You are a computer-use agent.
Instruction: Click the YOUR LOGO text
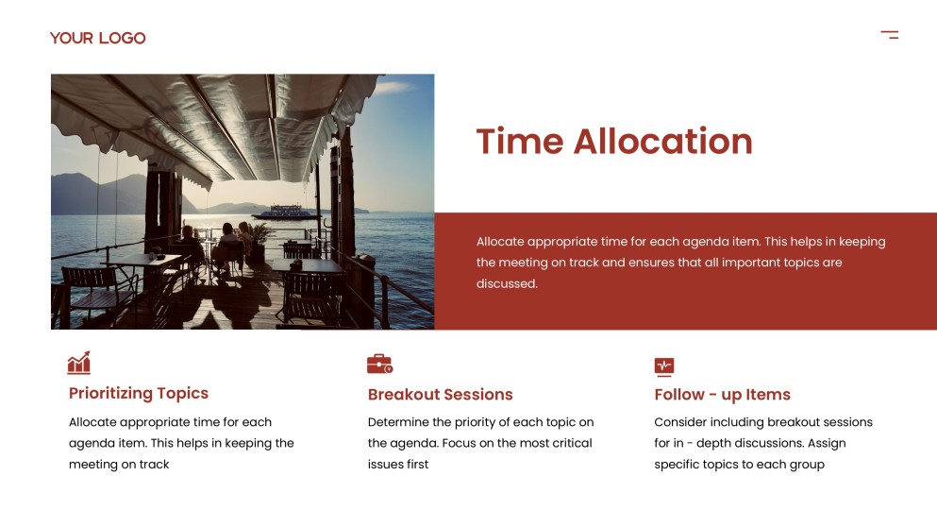(97, 38)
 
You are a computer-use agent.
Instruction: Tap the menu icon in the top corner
(889, 35)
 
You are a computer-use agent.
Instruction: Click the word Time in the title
(519, 142)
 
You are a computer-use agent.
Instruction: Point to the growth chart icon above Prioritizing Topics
(79, 363)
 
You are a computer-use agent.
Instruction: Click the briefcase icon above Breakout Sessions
(379, 364)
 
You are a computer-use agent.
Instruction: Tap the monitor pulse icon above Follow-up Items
(664, 365)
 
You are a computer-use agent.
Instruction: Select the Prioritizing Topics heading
(139, 393)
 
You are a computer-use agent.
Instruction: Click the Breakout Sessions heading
(440, 394)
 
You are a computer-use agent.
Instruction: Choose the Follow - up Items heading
(722, 394)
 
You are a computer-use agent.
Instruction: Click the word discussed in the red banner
(507, 283)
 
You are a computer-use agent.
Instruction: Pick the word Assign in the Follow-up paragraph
(827, 443)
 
